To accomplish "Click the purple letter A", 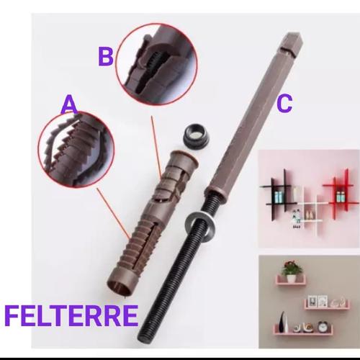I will [x=69, y=106].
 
